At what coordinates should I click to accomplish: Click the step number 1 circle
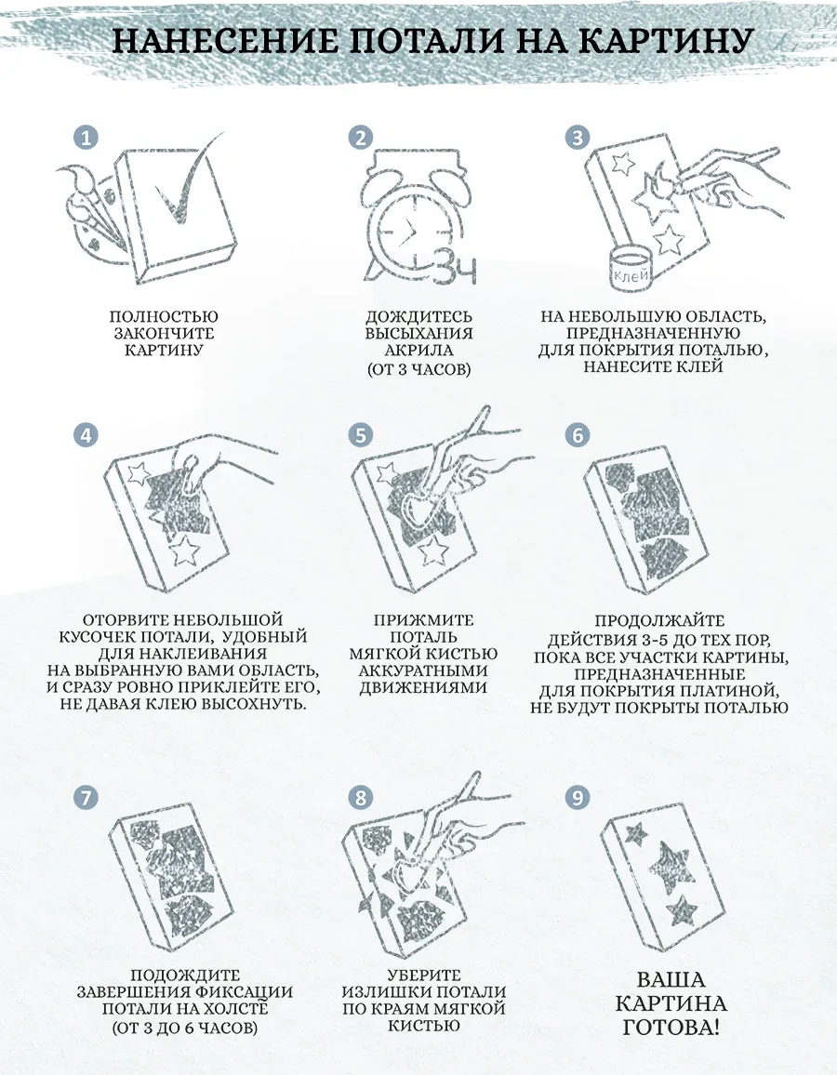(x=86, y=138)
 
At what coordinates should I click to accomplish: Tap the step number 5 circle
(x=361, y=434)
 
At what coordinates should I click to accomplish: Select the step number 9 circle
(x=578, y=797)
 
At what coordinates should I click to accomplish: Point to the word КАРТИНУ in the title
(x=665, y=41)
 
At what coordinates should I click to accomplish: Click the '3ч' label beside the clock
(x=455, y=267)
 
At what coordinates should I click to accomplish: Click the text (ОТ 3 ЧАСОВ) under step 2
(x=418, y=369)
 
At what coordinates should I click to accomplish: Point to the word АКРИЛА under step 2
(x=418, y=351)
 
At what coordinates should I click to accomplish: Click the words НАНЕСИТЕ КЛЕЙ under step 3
(x=653, y=366)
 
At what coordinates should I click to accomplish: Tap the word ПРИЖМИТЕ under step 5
(x=424, y=620)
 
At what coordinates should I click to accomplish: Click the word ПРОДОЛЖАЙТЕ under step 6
(x=659, y=621)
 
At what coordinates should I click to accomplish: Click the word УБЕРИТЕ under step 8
(x=424, y=975)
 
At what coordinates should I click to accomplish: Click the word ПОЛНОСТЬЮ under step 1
(x=164, y=317)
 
